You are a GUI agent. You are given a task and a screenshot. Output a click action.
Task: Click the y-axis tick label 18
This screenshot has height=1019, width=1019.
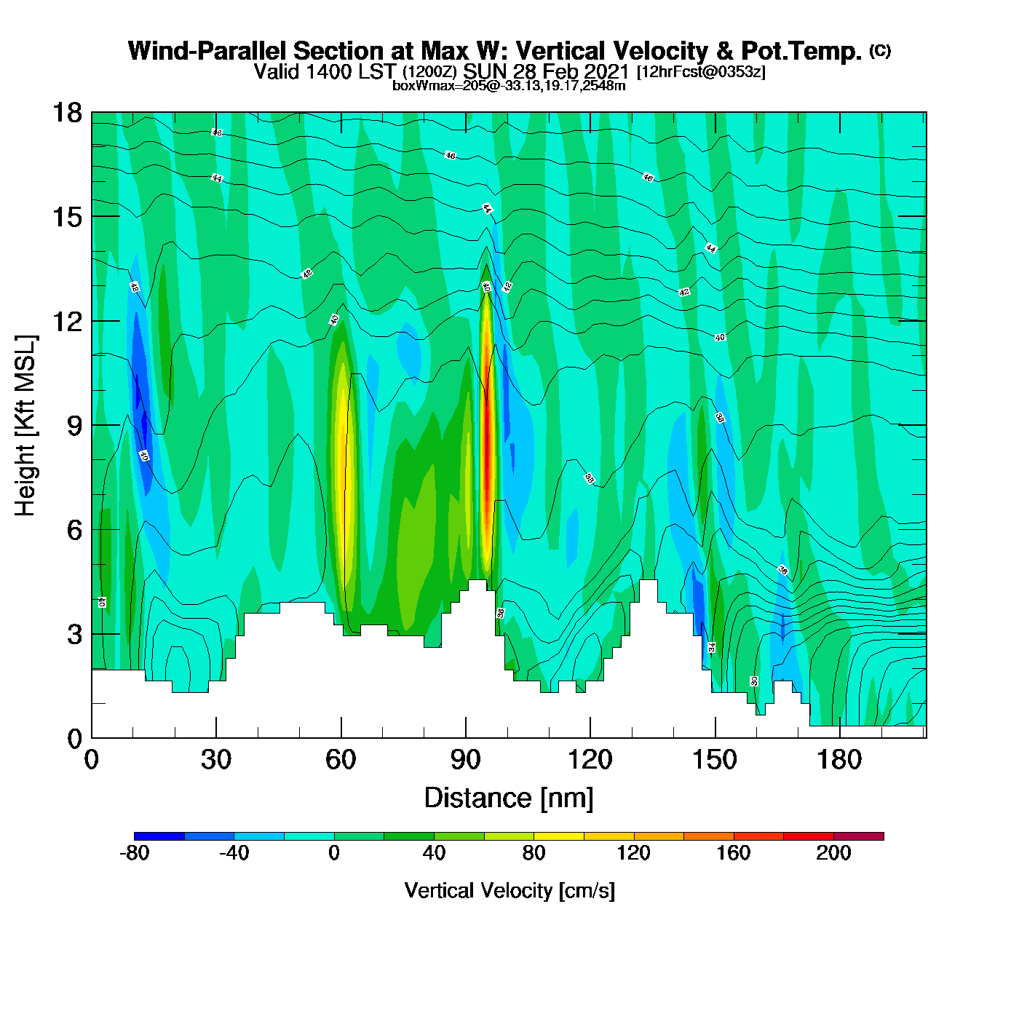[66, 113]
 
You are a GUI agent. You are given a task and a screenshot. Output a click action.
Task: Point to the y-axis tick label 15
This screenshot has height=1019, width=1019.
[66, 217]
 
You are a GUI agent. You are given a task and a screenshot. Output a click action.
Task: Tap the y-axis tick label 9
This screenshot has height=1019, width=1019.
[74, 426]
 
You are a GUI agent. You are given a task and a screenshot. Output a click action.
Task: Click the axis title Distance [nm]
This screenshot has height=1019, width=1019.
[509, 798]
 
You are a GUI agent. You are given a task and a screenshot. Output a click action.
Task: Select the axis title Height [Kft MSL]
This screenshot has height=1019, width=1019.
[25, 426]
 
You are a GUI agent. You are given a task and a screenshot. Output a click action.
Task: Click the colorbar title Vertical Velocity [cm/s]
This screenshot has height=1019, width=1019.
[509, 891]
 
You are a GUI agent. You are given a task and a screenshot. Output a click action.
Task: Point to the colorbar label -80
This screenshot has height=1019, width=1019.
[134, 854]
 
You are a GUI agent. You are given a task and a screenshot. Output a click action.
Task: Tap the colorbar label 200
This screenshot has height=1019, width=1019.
[833, 854]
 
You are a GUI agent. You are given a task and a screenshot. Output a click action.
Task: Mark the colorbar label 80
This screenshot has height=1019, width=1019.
[534, 854]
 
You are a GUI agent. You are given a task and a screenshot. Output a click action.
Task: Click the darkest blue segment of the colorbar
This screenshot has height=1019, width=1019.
[159, 836]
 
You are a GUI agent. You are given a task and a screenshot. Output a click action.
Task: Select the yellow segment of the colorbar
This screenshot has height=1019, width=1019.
[559, 836]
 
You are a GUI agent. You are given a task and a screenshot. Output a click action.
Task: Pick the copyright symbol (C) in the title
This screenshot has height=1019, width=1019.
[880, 50]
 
